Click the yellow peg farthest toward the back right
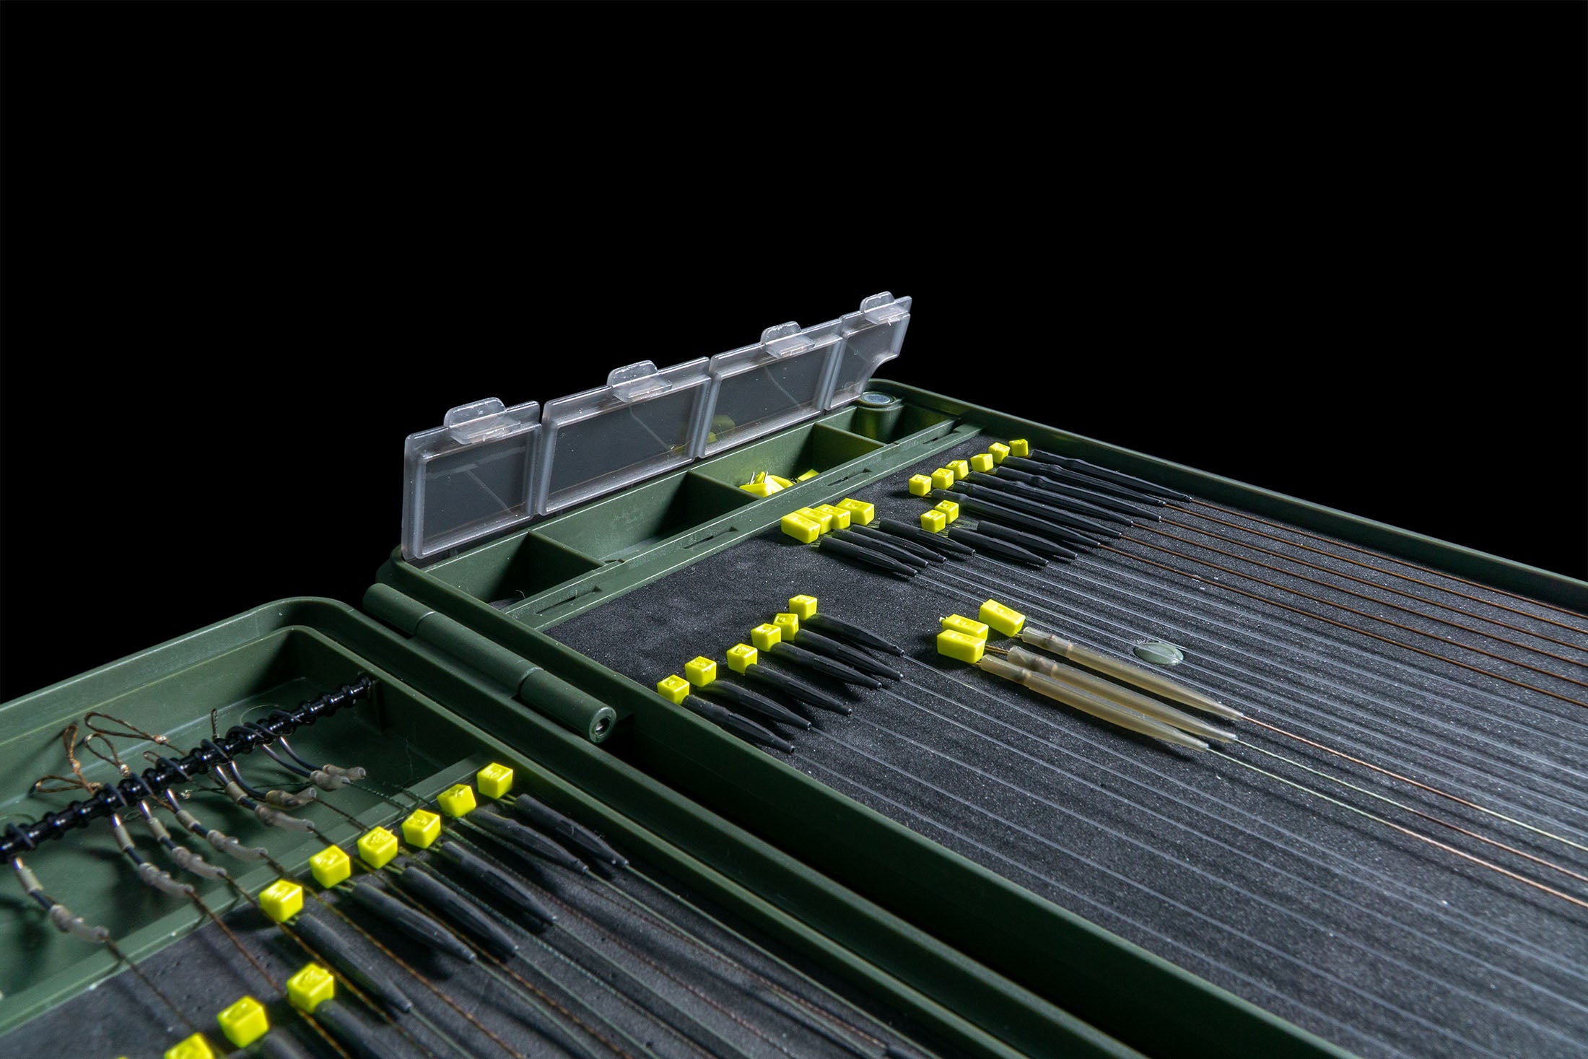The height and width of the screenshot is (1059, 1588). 1018,447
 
